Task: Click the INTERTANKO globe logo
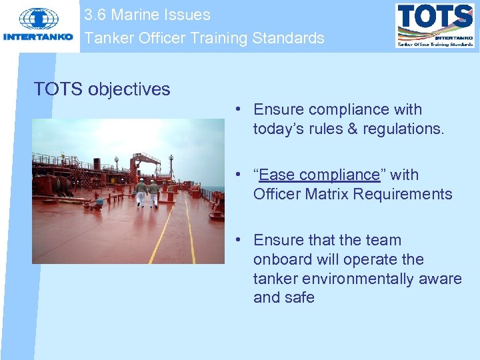tap(38, 19)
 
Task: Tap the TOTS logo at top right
tap(435, 25)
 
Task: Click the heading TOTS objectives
tap(102, 89)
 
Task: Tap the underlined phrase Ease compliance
tap(319, 175)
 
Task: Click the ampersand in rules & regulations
tap(352, 129)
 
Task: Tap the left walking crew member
tap(141, 192)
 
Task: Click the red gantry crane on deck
tap(145, 163)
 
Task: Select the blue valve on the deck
tap(99, 199)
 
